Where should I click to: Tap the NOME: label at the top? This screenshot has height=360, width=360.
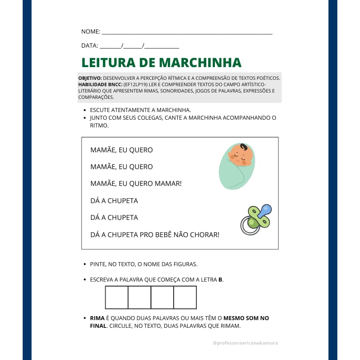pos(91,32)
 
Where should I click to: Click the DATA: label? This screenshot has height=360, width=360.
pos(89,46)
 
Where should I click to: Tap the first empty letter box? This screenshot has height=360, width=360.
pos(117,297)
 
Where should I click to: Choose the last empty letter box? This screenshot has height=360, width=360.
pos(185,297)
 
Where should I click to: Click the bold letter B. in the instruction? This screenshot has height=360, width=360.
pos(220,280)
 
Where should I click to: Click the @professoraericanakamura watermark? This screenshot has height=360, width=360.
pos(245,343)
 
